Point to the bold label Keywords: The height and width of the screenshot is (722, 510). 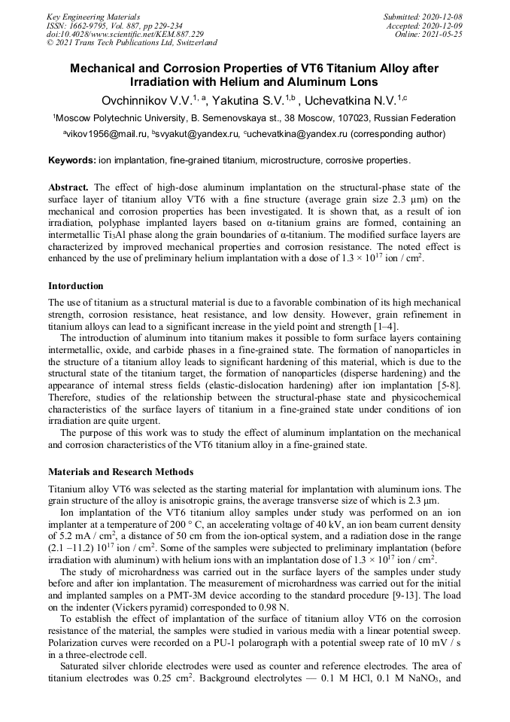click(x=72, y=160)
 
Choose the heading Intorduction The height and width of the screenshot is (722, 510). click(x=76, y=287)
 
